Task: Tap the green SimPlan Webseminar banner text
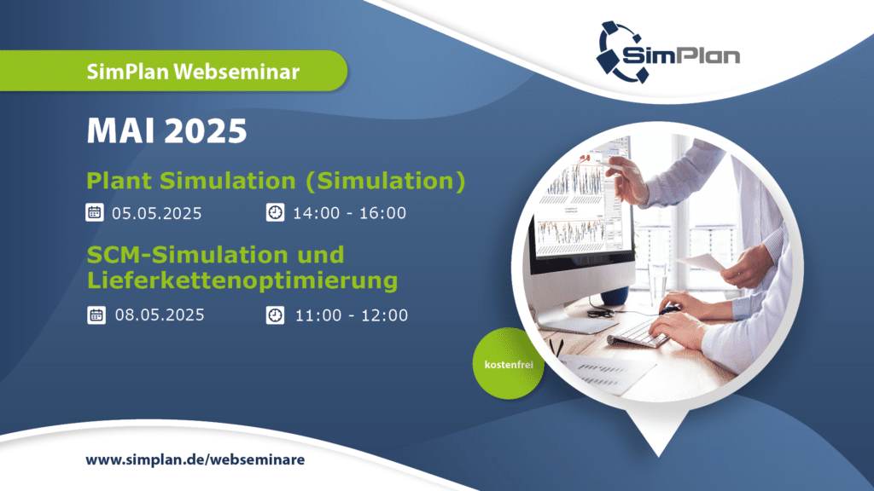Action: [x=193, y=72]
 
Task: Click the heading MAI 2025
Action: [x=166, y=130]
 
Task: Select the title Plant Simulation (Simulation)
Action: [x=276, y=182]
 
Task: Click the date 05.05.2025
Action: [x=157, y=213]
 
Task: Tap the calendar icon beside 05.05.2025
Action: [x=95, y=212]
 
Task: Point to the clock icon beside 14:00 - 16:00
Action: [x=276, y=212]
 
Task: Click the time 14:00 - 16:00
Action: [x=349, y=213]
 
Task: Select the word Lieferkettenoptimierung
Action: [x=242, y=280]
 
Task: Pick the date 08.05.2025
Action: [x=160, y=315]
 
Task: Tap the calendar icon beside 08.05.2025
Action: [x=96, y=315]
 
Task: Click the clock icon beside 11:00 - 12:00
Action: [x=276, y=315]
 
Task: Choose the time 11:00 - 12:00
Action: [x=351, y=315]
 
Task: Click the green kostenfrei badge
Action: [x=509, y=363]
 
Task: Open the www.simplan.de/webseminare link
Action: [x=195, y=459]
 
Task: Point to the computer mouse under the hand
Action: [x=669, y=309]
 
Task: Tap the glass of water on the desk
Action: [x=658, y=283]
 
